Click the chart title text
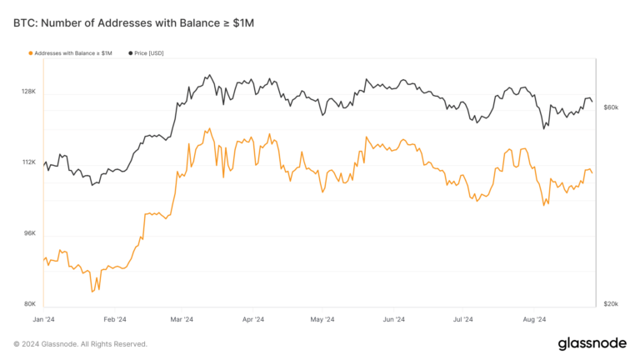[x=133, y=23]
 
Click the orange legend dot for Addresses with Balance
[x=31, y=53]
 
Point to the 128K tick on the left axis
[x=28, y=92]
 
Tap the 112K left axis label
[x=28, y=162]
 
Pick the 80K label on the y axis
[x=29, y=304]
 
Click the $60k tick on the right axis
[x=610, y=107]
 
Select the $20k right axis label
[x=610, y=304]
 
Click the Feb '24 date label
[x=114, y=319]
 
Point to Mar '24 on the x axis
[x=182, y=319]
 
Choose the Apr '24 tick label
[x=252, y=319]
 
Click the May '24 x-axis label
[x=322, y=319]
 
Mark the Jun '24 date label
[x=393, y=319]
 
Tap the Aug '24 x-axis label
[x=533, y=319]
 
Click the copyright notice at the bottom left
[x=80, y=343]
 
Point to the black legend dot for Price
[x=130, y=53]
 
